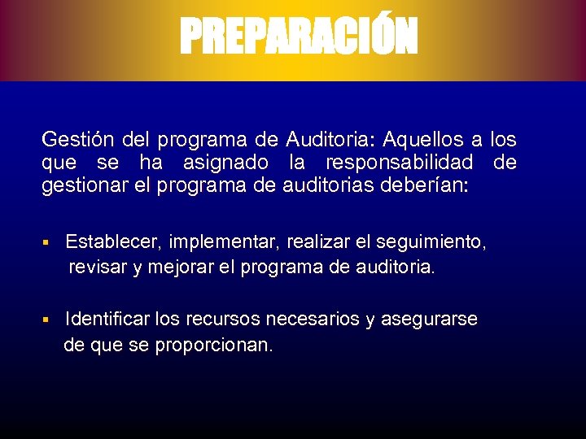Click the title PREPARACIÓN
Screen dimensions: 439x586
pos(298,37)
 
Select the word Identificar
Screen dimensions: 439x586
pos(110,319)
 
